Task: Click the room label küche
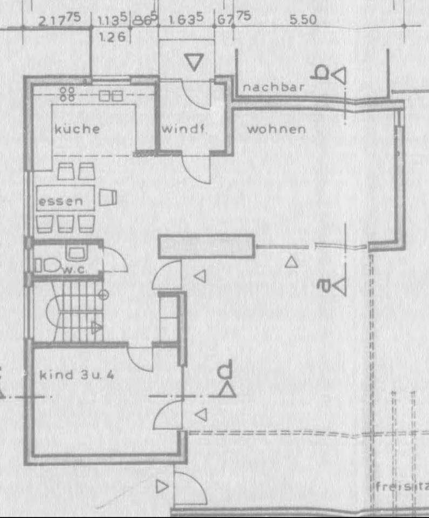pos(77,129)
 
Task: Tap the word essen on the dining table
pos(61,202)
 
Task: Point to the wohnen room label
pos(276,129)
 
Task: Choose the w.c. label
pos(74,268)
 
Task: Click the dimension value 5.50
pos(303,20)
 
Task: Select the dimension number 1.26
pos(112,37)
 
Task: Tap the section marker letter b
pos(322,73)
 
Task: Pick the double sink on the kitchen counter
pos(111,96)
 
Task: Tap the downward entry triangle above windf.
pos(193,62)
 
